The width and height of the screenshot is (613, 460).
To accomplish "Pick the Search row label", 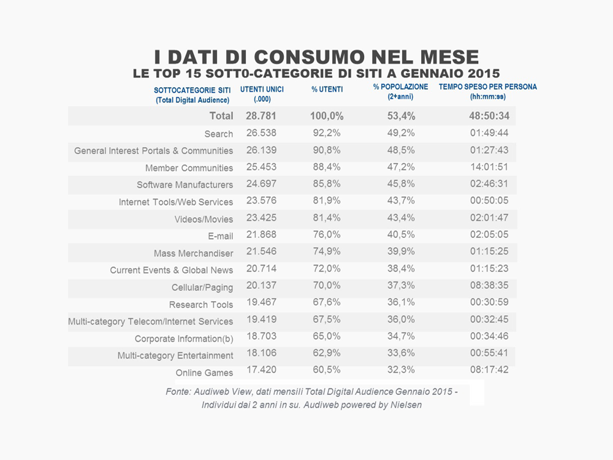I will (219, 134).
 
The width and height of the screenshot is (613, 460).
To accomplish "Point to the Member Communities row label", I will (189, 168).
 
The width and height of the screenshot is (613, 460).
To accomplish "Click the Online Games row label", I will (204, 373).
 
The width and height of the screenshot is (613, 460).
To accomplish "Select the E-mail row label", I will (221, 236).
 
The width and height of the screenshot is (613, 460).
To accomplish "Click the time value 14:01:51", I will (489, 167).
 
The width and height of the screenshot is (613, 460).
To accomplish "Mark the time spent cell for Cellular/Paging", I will (489, 286).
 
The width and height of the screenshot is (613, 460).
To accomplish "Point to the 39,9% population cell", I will (402, 251).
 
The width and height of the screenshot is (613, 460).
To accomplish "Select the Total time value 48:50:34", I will (489, 116).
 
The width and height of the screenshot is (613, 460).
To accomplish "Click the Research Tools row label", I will (201, 305).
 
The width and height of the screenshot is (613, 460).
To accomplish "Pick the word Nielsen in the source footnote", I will (406, 405).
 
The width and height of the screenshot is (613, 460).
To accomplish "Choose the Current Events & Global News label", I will (172, 270).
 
